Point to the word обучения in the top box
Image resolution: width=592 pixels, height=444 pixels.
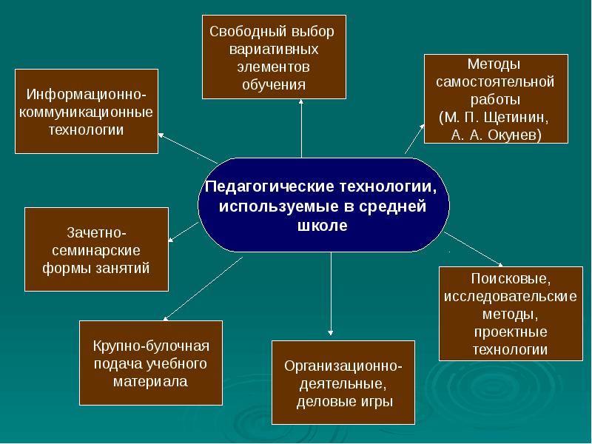pos(273,84)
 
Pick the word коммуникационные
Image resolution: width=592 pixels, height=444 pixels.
pos(87,112)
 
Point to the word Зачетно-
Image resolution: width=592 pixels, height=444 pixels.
pos(97,232)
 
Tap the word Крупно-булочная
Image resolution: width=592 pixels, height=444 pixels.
pos(151,346)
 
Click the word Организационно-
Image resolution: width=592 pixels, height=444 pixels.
pos(344,367)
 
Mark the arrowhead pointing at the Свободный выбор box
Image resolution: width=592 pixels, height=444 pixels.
pos(302,103)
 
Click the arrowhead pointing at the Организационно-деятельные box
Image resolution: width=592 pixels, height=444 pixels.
pos(331,333)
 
